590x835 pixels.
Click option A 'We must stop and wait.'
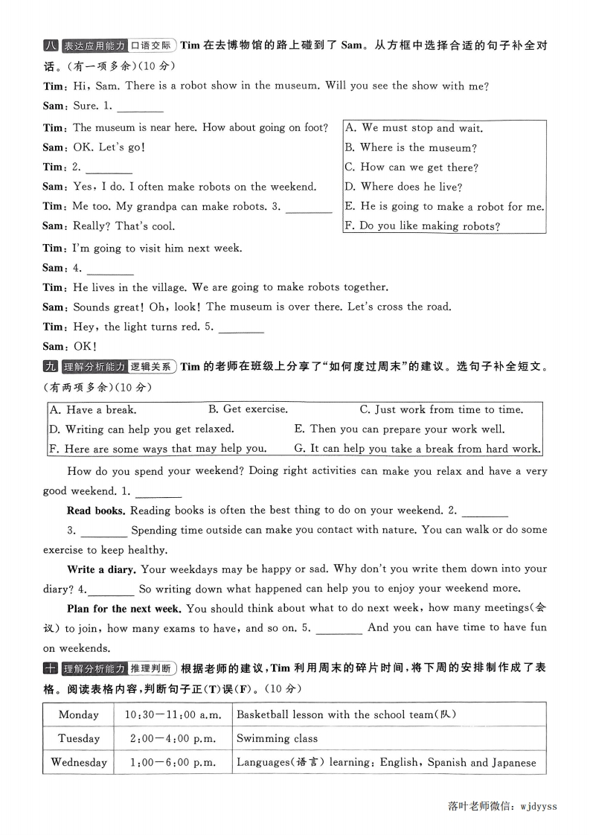(x=414, y=128)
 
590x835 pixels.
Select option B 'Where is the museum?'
(x=411, y=147)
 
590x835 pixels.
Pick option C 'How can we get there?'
(x=411, y=167)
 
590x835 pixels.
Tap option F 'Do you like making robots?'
(x=422, y=226)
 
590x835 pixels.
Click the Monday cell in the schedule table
(x=78, y=714)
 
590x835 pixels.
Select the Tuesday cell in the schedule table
(x=78, y=738)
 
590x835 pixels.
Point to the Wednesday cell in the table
(x=78, y=762)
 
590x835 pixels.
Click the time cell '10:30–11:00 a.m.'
(x=173, y=714)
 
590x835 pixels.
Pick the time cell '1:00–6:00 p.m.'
(x=173, y=762)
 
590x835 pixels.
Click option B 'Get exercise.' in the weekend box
(x=248, y=409)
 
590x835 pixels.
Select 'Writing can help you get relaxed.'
(x=141, y=429)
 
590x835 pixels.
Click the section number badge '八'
(x=50, y=45)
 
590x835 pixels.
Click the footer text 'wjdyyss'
(x=539, y=805)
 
